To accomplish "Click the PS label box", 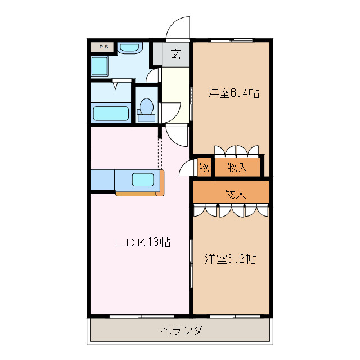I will [102, 47].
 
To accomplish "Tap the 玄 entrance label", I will [176, 54].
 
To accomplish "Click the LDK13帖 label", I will [143, 242].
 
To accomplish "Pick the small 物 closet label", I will [204, 168].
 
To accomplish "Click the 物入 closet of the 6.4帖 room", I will [238, 168].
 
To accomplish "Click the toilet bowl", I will [147, 105].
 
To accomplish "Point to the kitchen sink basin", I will [143, 180].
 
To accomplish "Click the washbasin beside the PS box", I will [132, 48].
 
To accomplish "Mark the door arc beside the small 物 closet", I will [185, 168].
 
